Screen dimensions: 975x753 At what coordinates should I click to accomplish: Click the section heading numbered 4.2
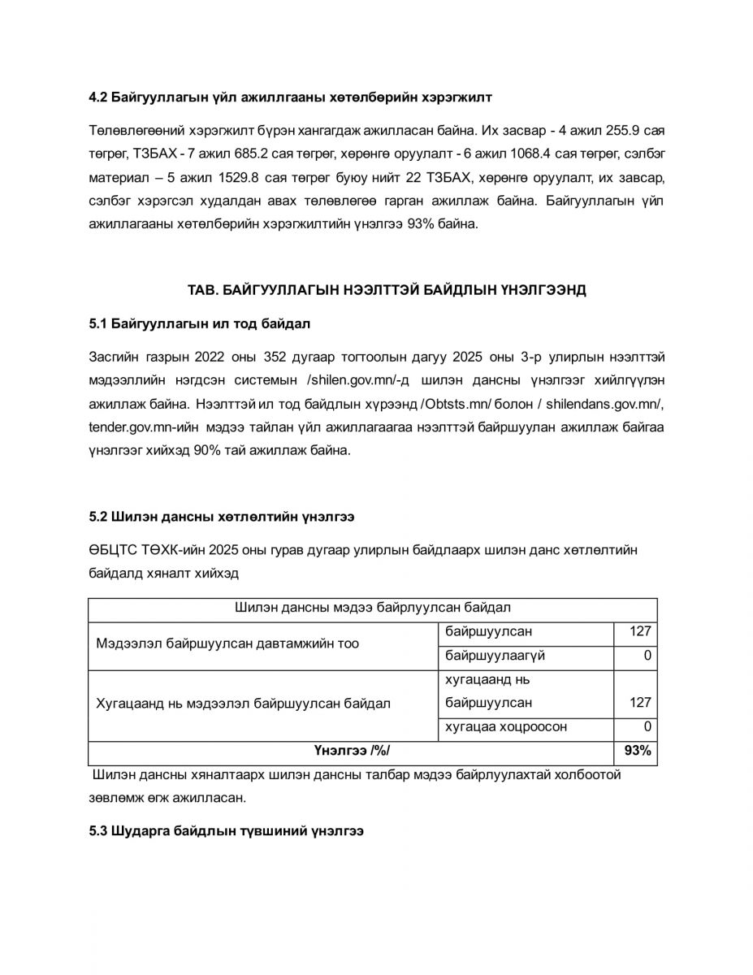pos(291,97)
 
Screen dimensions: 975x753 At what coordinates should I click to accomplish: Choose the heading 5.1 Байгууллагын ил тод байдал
pos(200,323)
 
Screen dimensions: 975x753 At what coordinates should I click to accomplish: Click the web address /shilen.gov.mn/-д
pos(359,380)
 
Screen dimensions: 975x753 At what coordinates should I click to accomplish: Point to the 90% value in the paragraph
pos(209,451)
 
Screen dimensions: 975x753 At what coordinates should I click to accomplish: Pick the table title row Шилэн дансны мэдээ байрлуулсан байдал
pos(372,608)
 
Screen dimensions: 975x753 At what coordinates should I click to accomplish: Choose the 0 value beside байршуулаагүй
pos(647,656)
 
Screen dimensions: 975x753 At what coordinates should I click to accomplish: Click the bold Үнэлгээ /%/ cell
pos(351,751)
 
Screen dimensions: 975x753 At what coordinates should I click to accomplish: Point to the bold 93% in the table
pos(638,751)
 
